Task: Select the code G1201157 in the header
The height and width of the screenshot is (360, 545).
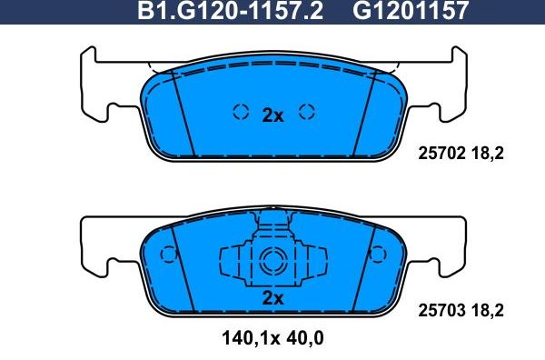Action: click(410, 12)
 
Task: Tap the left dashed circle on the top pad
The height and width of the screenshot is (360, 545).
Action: click(241, 112)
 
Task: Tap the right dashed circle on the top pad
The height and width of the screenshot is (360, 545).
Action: click(307, 112)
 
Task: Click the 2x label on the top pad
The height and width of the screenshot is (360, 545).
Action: click(273, 115)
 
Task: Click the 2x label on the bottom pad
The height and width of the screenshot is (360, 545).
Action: click(273, 298)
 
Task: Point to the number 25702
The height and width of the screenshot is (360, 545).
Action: click(442, 155)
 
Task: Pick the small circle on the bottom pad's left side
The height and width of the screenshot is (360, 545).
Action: click(167, 255)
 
